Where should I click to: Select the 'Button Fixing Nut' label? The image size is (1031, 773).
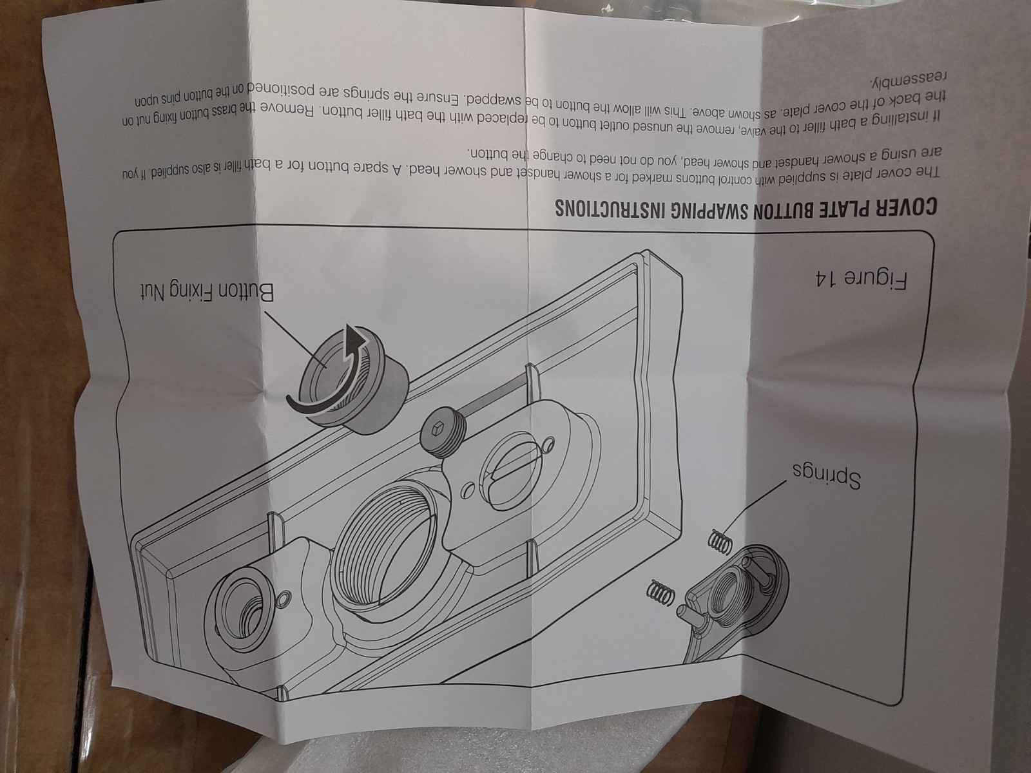click(x=207, y=293)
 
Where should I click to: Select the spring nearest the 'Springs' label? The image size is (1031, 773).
click(x=720, y=540)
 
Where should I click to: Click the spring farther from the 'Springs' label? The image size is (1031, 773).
click(x=661, y=591)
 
